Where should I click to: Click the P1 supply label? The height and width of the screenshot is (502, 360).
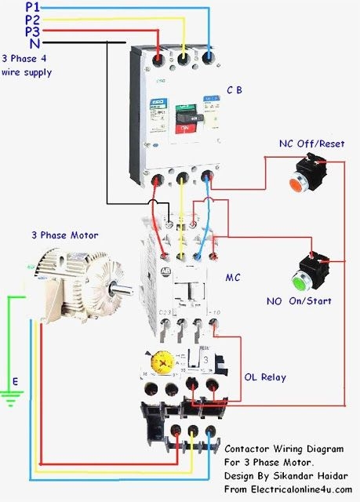point(31,6)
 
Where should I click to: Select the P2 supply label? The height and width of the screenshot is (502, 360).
point(31,19)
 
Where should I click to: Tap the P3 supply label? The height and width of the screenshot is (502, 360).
point(31,31)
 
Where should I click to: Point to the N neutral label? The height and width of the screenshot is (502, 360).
point(35,43)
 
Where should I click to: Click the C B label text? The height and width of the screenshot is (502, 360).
point(235,91)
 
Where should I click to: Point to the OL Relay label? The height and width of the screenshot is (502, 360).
point(263,377)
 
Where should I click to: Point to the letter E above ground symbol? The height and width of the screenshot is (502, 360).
point(13,382)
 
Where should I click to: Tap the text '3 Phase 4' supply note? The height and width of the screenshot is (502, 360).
point(26,59)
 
